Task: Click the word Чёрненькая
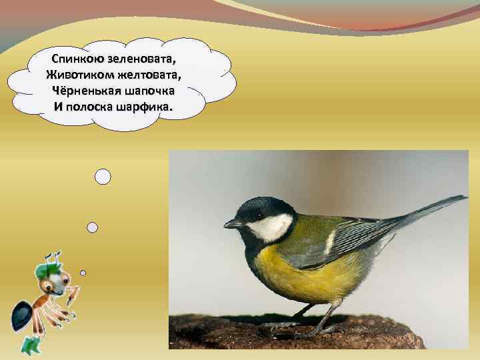click(86, 91)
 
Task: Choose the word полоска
click(90, 107)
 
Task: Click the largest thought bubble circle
click(103, 177)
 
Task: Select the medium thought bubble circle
click(93, 227)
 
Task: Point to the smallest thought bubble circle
click(83, 273)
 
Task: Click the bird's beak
click(231, 224)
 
